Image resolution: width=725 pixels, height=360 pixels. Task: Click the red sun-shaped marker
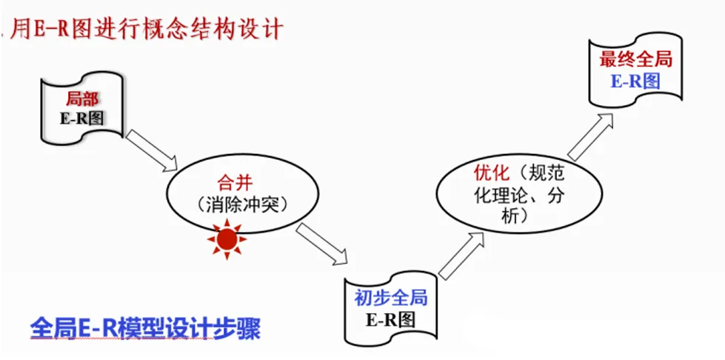click(x=226, y=239)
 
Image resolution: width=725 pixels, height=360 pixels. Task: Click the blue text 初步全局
click(x=390, y=299)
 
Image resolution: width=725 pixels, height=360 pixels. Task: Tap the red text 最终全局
click(x=635, y=60)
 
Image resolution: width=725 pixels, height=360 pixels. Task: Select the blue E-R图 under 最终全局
click(x=635, y=81)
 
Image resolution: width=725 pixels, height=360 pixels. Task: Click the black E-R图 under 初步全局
click(x=390, y=320)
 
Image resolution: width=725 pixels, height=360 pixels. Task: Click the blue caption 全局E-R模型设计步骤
click(x=145, y=327)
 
